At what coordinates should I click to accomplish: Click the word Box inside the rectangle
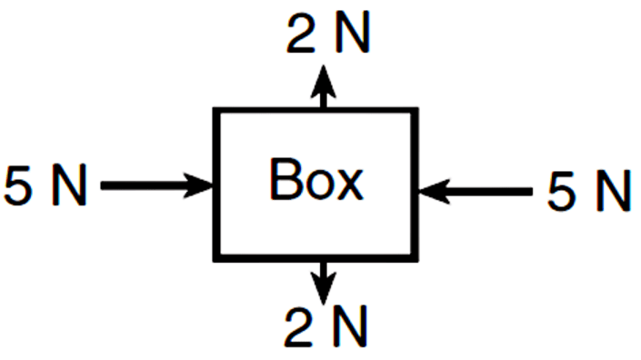click(x=316, y=179)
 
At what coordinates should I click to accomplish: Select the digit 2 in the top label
click(x=301, y=33)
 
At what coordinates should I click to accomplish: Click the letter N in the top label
click(x=353, y=33)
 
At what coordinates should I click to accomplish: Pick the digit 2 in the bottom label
click(x=298, y=327)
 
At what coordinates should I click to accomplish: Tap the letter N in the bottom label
click(x=350, y=327)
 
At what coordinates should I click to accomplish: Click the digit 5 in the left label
click(x=18, y=185)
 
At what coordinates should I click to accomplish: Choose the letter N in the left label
click(x=69, y=185)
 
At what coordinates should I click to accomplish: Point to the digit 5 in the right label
click(x=562, y=191)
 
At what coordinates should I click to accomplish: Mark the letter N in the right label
click(x=613, y=191)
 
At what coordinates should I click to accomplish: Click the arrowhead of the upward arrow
click(x=324, y=81)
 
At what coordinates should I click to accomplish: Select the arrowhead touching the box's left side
click(x=198, y=185)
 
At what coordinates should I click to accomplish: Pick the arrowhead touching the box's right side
click(x=434, y=191)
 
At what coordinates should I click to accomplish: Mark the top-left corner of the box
click(x=213, y=108)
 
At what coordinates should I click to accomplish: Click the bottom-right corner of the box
click(x=418, y=261)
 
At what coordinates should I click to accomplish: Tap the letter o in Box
click(x=317, y=185)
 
